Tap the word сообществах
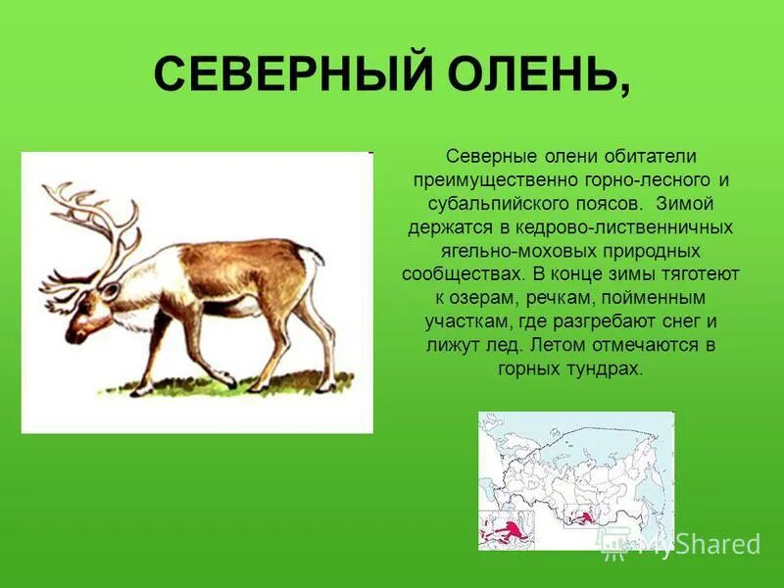458,273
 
